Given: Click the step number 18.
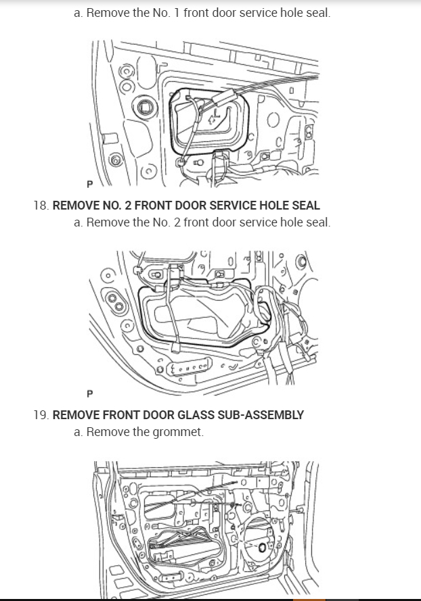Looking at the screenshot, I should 40,206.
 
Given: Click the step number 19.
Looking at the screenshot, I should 40,415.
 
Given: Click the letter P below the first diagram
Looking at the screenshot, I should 89,183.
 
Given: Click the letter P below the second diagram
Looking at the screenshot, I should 89,393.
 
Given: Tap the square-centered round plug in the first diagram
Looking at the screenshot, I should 144,105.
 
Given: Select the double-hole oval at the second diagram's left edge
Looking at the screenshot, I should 115,302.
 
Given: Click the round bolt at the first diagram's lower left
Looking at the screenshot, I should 117,161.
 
